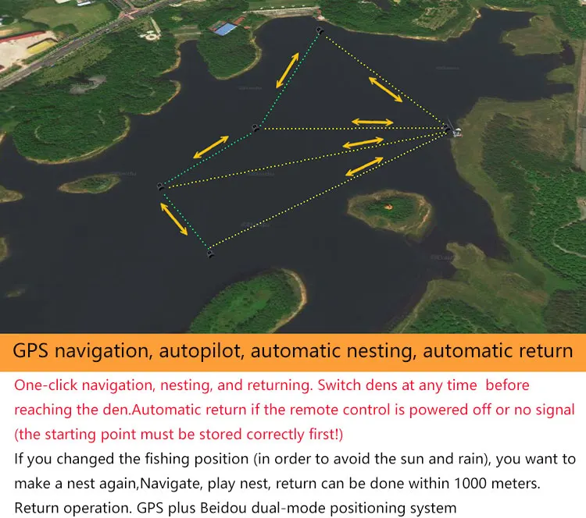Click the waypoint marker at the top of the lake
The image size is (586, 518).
[319, 31]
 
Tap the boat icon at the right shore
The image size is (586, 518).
[452, 130]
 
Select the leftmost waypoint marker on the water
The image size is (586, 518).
[160, 187]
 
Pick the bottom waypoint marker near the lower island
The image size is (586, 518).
[210, 253]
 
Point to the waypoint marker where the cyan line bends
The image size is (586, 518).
[255, 128]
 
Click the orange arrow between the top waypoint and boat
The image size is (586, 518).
[385, 89]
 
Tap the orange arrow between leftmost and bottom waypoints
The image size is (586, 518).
[174, 218]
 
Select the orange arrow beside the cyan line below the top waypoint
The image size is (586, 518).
[286, 69]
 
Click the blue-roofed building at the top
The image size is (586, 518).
[225, 30]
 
